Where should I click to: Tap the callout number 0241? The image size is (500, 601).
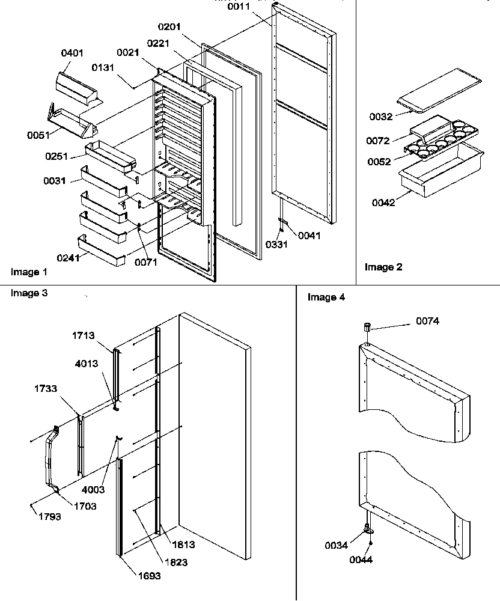(69, 259)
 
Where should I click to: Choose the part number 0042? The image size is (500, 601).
(383, 203)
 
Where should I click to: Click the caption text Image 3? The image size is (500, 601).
(29, 293)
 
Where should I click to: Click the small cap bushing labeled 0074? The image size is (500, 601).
(368, 327)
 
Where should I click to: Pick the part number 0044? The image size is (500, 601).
(361, 560)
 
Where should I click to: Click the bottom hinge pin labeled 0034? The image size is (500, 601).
(367, 529)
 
